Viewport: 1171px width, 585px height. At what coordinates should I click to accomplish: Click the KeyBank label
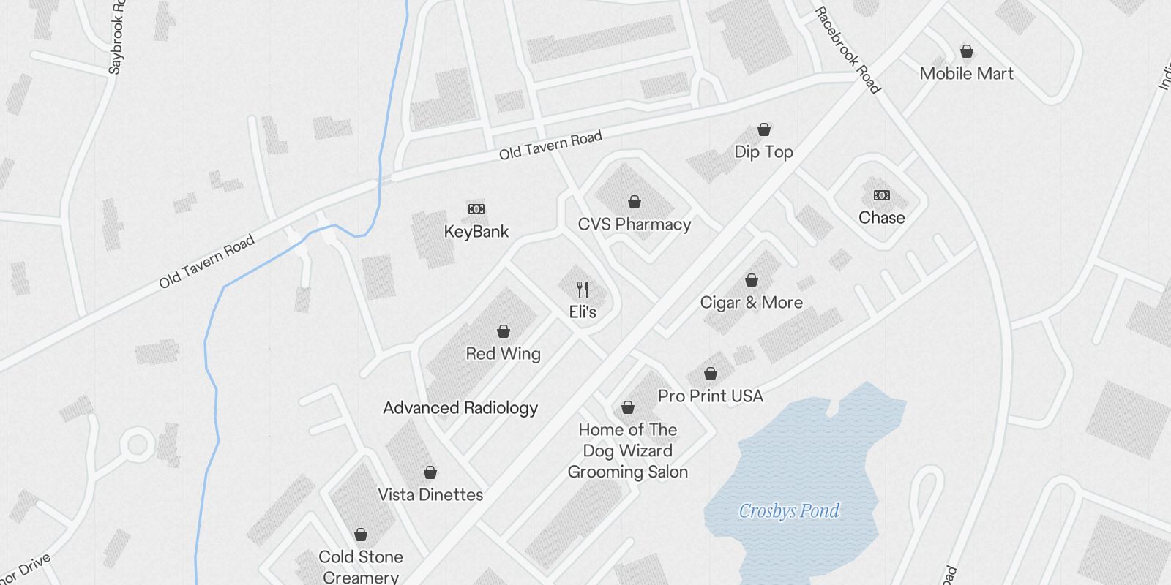pos(476,232)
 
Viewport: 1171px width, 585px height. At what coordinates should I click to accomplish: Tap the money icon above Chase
pos(881,195)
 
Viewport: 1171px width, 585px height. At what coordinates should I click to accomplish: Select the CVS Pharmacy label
pos(634,224)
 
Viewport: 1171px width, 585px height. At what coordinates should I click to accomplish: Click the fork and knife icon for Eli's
pos(583,289)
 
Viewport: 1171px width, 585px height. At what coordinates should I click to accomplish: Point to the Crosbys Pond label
pos(789,510)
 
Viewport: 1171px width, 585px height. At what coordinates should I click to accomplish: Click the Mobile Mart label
pos(966,74)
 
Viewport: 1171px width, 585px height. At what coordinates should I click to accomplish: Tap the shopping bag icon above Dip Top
pos(764,129)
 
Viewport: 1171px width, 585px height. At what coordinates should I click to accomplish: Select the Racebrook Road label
pos(848,50)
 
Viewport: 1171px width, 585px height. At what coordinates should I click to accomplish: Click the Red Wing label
pos(504,354)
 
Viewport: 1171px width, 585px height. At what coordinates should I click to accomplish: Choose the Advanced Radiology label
pos(460,408)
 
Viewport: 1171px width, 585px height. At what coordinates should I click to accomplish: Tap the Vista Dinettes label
pos(430,495)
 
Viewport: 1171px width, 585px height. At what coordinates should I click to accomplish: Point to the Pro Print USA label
pos(710,396)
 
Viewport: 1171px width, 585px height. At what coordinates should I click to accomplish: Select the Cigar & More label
pos(751,303)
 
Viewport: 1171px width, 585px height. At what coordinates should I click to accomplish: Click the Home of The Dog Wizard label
pos(628,450)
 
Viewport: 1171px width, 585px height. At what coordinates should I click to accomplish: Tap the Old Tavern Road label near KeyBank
pos(550,145)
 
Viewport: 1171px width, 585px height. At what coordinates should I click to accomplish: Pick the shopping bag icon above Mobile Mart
pos(967,51)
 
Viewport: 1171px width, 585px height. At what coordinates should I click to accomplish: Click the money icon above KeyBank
pos(476,209)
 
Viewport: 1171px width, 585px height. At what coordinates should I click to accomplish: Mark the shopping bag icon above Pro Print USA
pos(711,374)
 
